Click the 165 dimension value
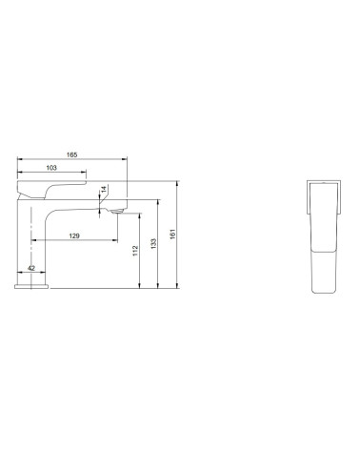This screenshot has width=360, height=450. coord(71,154)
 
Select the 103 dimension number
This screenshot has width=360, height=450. coord(51,168)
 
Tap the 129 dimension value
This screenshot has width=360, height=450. coord(74,235)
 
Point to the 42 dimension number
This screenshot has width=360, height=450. coord(31,268)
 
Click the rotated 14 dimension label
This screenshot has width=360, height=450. coord(104,190)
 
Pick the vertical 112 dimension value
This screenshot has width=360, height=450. coord(135,251)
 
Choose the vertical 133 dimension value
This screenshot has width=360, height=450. coord(153,244)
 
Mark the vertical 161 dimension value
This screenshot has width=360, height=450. coord(172,235)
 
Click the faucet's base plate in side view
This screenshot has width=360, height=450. coord(31,286)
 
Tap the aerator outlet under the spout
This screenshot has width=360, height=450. coord(116,212)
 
